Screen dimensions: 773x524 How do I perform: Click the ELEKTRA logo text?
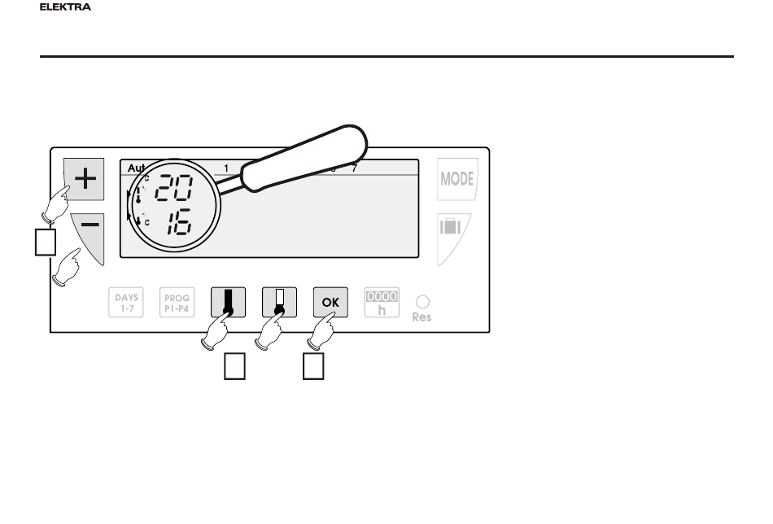pyautogui.click(x=65, y=7)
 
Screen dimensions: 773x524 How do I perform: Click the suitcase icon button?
pyautogui.click(x=452, y=229)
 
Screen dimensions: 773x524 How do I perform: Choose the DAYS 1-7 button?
pyautogui.click(x=125, y=303)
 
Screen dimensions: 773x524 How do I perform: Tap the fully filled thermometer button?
pyautogui.click(x=227, y=303)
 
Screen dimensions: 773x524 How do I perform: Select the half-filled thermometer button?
pyautogui.click(x=278, y=303)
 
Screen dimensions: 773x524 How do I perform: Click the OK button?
pyautogui.click(x=331, y=303)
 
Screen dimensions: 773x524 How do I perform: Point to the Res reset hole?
pyautogui.click(x=421, y=301)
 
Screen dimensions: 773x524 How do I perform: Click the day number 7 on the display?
pyautogui.click(x=354, y=168)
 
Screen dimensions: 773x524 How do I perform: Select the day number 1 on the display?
pyautogui.click(x=226, y=168)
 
